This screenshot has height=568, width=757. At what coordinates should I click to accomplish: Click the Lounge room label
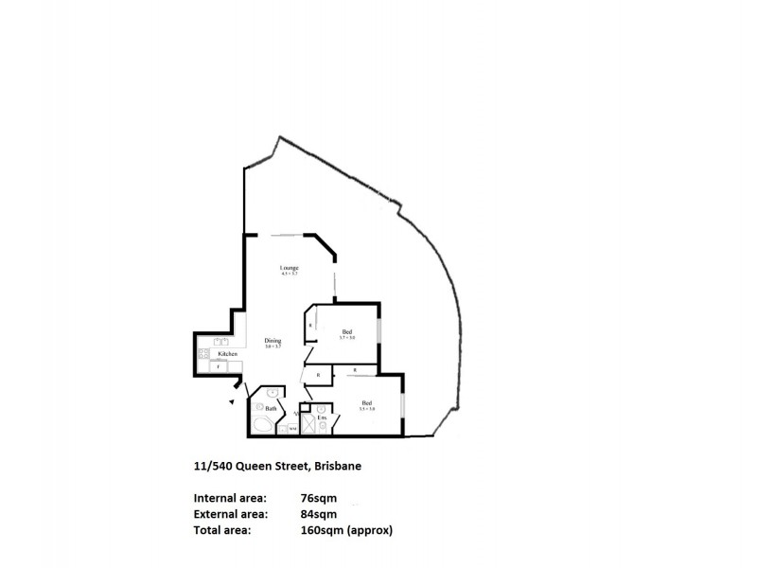tap(290, 269)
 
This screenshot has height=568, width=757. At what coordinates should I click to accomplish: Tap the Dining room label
tap(273, 341)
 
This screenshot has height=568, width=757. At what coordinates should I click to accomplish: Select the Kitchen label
tap(227, 353)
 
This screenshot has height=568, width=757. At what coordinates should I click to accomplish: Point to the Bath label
tap(271, 408)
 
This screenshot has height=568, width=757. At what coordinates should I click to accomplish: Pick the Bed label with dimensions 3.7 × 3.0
tap(347, 331)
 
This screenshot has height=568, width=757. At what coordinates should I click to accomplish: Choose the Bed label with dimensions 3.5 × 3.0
tap(367, 404)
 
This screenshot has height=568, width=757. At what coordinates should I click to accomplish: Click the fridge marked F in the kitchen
tap(219, 367)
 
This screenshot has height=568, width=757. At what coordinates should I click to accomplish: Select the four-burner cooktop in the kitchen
tap(202, 353)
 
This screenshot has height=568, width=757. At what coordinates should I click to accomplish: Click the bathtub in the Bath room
tap(262, 425)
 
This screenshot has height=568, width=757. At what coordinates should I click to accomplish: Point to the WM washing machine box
tap(292, 428)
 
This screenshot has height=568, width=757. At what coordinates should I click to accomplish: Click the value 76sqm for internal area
tap(319, 498)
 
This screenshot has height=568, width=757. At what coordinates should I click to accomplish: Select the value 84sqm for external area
tap(319, 514)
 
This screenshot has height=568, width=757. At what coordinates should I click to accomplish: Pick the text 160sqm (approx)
tap(345, 531)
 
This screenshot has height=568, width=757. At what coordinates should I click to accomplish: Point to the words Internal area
tap(230, 498)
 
